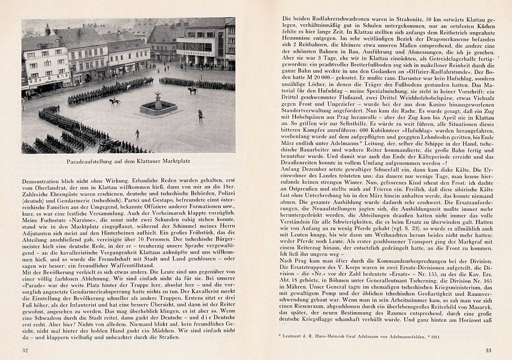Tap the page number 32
pos(25,350)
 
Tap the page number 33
pos(488,350)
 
